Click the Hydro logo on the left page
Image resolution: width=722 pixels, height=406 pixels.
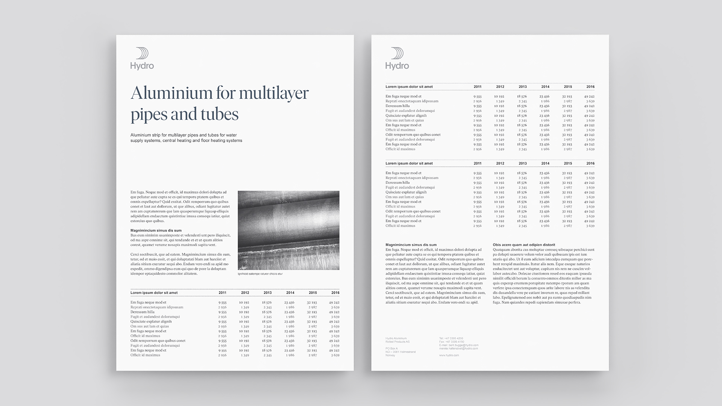pos(142,59)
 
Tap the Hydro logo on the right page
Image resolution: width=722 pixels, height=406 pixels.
pos(397,59)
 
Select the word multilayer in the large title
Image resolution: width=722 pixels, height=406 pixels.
pos(273,93)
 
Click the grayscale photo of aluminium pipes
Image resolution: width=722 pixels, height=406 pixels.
pos(288,230)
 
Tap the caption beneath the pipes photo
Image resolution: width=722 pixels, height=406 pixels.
pos(260,274)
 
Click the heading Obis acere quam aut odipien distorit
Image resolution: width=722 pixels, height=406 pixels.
pos(524,245)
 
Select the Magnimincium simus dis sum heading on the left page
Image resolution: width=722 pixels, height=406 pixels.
pos(156,230)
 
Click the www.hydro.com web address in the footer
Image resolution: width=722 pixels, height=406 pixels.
pos(449,355)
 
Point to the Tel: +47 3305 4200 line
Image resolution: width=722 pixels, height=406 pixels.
pos(451,338)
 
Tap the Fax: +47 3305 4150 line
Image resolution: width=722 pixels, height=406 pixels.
pos(451,342)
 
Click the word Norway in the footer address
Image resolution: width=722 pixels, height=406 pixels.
pos(390,355)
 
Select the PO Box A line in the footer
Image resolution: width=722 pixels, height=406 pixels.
pos(391,348)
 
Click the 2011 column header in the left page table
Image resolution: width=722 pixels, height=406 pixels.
pos(223,292)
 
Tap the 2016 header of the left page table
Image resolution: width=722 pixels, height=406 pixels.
pos(335,292)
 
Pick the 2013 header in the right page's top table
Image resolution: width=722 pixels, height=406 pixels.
pos(523,87)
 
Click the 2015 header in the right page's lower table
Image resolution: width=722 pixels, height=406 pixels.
pos(568,164)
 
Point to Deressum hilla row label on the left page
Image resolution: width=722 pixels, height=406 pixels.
pos(143,312)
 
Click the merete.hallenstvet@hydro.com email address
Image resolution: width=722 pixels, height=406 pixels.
pos(458,348)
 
